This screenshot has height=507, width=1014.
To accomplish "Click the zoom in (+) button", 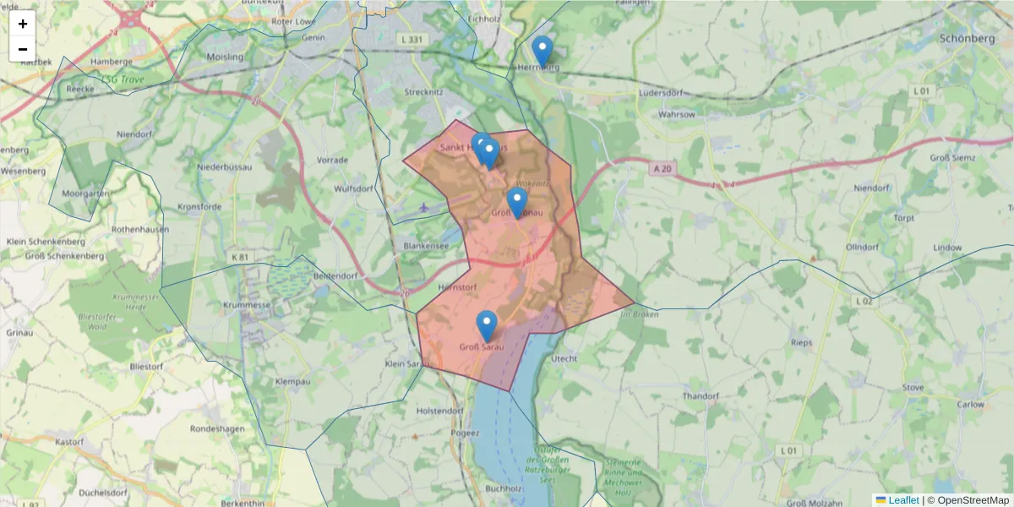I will [23, 24].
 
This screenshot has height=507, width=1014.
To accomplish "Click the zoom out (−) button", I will [23, 49].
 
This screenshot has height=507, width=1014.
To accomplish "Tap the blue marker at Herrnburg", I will [542, 51].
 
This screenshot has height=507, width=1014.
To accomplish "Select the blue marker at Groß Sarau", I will [487, 325].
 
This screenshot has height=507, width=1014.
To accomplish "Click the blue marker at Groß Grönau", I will [517, 202].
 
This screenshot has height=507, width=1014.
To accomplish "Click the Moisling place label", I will [225, 57].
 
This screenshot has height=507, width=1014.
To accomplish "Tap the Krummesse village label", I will [247, 305].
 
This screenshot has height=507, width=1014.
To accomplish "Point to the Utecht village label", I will [564, 358].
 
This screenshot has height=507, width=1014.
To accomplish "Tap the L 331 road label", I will [409, 39].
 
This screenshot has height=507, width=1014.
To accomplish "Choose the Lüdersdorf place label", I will [662, 92].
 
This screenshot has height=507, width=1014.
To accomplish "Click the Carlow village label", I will [971, 405].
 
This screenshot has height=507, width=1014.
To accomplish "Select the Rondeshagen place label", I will [217, 428].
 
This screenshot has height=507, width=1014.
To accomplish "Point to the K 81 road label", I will [241, 257].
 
